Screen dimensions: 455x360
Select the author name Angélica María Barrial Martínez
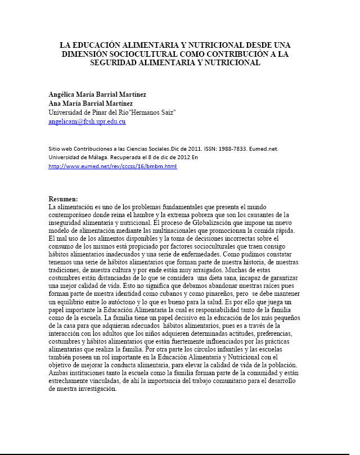coord(97,94)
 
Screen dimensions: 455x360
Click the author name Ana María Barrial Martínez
coord(91,103)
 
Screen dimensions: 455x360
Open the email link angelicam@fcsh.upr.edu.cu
coord(87,121)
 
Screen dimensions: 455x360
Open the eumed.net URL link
coord(113,166)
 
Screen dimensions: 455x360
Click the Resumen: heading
coord(63,199)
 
